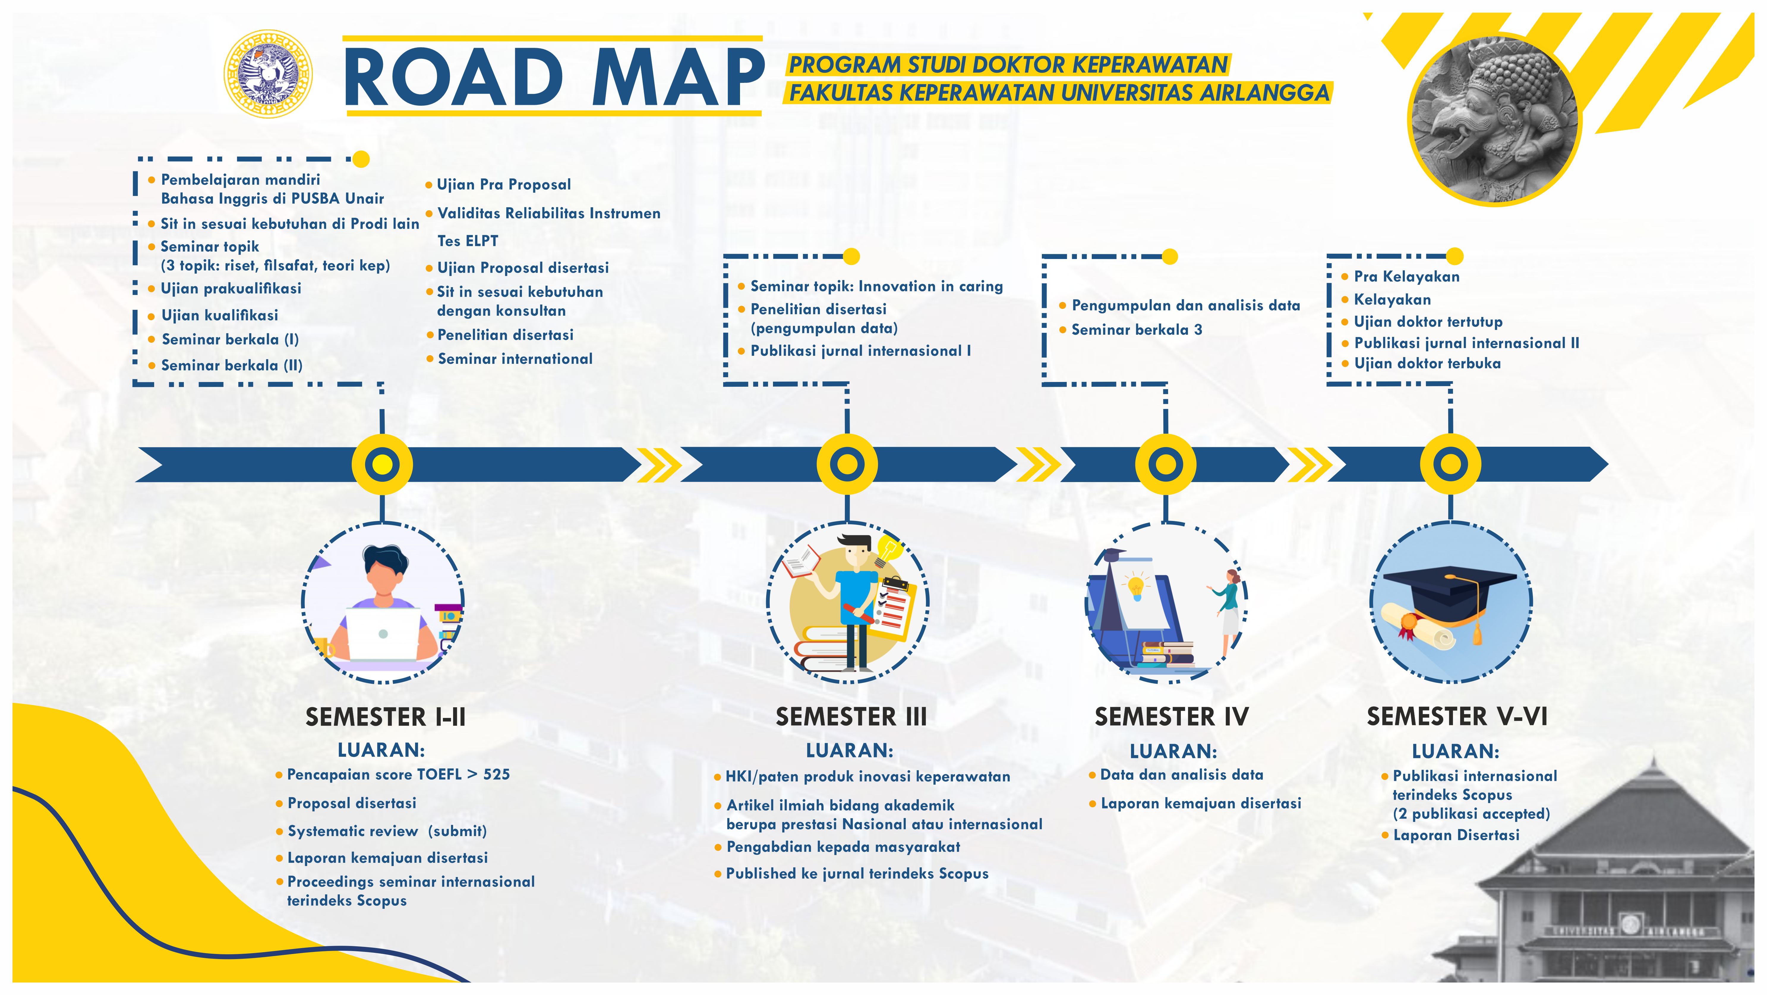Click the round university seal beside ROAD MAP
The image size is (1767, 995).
coord(268,74)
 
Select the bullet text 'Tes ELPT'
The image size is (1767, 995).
coord(468,241)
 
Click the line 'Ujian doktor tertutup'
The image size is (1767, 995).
coord(1427,322)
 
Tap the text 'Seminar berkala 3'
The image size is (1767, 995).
coord(1137,330)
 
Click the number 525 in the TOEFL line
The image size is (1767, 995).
coord(497,774)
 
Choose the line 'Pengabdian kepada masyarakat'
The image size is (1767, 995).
coord(843,847)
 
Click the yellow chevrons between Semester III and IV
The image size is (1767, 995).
coord(1038,464)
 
